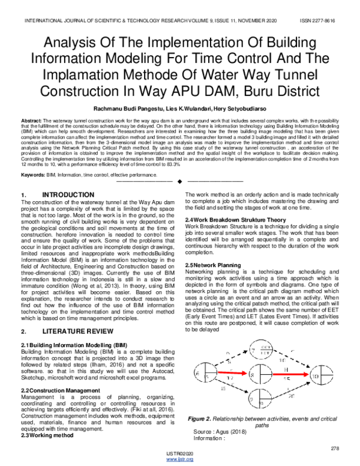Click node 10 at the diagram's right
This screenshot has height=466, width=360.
pos(333,375)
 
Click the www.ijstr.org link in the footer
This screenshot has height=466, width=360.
pos(179,460)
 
